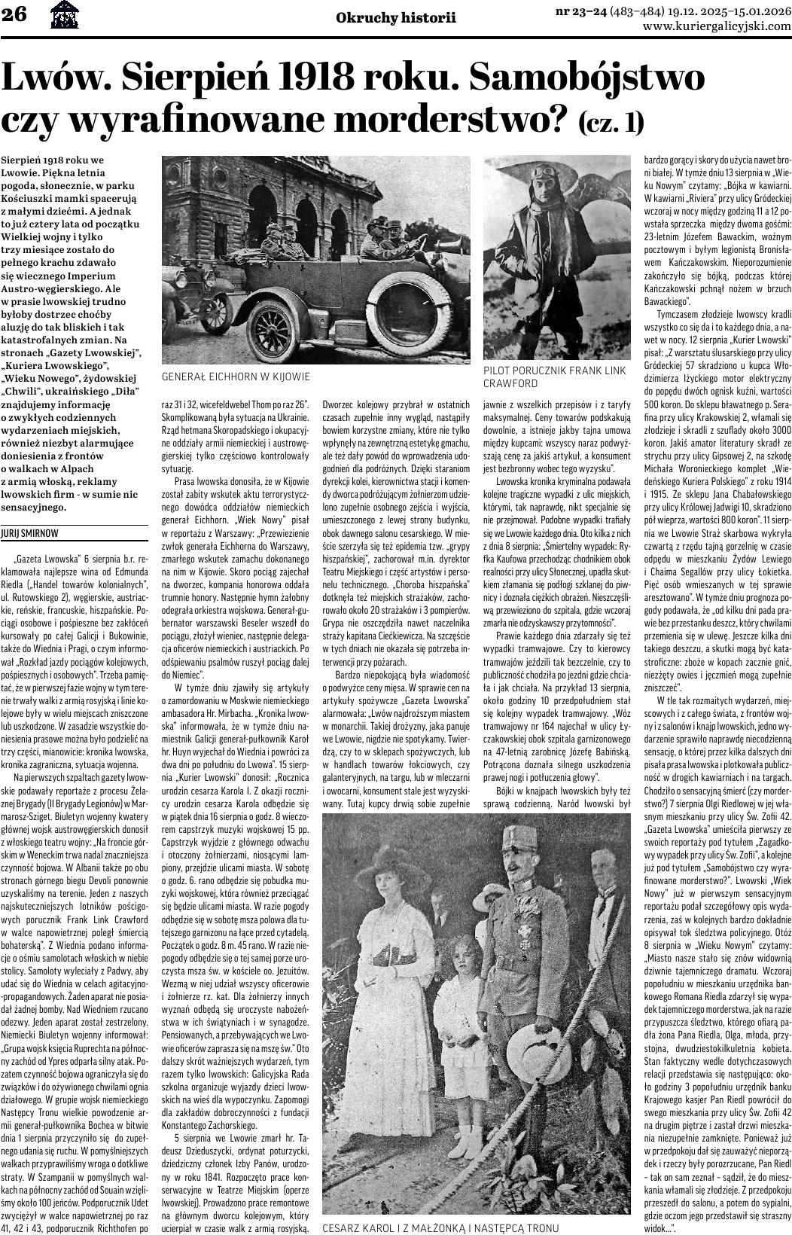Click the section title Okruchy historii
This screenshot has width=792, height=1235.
396,17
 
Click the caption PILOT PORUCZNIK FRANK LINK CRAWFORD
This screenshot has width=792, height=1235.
555,377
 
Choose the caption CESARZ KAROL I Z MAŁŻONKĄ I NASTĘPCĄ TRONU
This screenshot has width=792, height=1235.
440,1228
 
